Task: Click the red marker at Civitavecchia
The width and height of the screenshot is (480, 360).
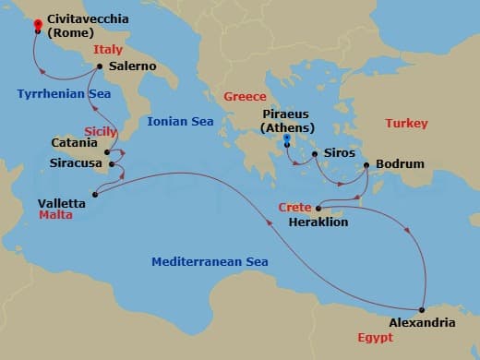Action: tap(38, 25)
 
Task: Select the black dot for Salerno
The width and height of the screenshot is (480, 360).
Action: tap(100, 66)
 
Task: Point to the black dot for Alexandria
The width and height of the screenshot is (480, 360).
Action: tap(421, 309)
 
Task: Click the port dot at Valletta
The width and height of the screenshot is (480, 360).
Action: tap(96, 194)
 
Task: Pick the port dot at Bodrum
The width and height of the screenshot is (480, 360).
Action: tap(367, 165)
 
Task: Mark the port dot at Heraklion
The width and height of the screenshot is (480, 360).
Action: tap(317, 209)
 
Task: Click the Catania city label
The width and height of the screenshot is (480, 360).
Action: tap(75, 143)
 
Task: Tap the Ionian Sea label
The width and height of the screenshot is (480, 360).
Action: tap(180, 121)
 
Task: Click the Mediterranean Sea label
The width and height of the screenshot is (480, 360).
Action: tap(210, 262)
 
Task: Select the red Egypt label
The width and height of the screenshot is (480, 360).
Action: tap(376, 337)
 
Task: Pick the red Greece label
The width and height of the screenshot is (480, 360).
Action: tap(245, 96)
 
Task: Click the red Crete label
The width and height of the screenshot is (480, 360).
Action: tap(294, 208)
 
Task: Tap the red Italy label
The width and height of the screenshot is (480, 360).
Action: tap(108, 50)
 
